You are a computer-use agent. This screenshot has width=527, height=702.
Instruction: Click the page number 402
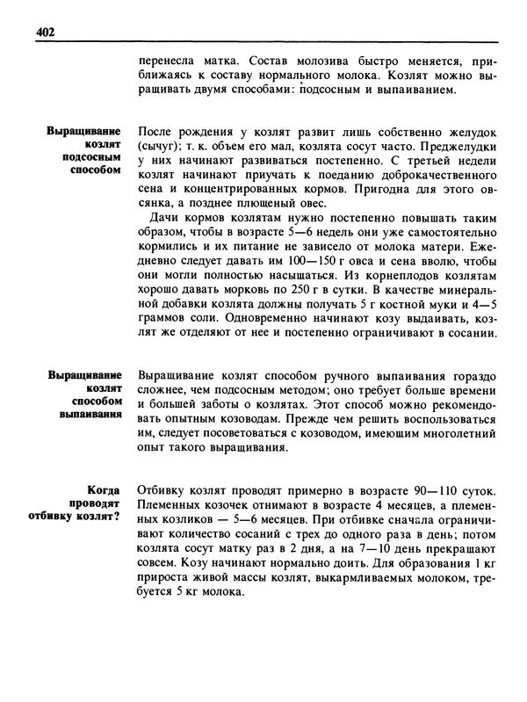point(46,33)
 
